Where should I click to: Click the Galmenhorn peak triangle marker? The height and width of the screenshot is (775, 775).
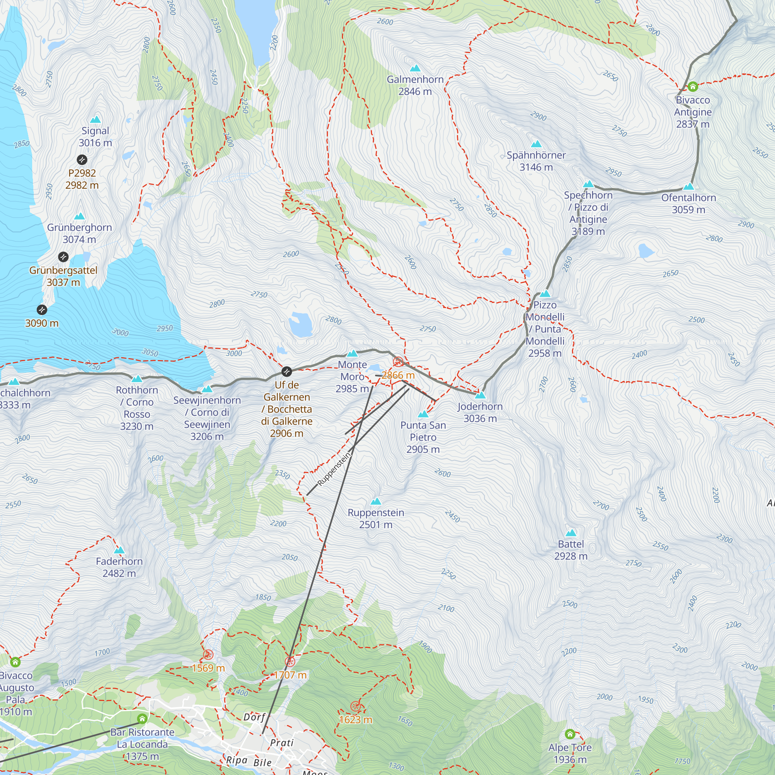[415, 69]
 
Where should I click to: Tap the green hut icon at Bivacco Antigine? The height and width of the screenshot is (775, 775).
[693, 87]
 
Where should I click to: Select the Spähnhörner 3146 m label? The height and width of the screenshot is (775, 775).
[536, 161]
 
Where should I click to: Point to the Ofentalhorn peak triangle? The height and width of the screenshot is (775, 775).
[688, 186]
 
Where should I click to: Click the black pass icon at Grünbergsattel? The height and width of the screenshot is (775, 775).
[64, 257]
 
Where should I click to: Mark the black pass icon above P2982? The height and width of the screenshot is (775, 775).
[82, 160]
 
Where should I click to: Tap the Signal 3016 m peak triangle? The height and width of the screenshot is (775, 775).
[95, 119]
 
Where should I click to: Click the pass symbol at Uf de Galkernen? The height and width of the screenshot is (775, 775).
[286, 372]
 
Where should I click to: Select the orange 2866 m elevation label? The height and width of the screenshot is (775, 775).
[398, 375]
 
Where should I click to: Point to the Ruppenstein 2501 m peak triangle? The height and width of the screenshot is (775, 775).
[376, 501]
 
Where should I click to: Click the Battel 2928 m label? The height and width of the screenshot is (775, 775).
[570, 550]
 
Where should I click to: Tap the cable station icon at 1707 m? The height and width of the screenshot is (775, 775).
[289, 661]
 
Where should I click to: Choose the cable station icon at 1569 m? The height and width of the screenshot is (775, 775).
[208, 655]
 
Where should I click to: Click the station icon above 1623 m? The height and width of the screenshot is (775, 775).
[355, 706]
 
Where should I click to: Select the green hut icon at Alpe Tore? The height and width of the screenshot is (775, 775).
[570, 734]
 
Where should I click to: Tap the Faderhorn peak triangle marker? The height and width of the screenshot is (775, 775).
[119, 550]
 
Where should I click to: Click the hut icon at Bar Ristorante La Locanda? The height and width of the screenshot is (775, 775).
[142, 718]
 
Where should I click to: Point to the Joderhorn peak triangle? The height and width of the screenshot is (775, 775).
[480, 396]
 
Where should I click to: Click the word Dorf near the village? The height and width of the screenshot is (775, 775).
[254, 717]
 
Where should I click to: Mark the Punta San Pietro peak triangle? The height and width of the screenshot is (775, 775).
[423, 414]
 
